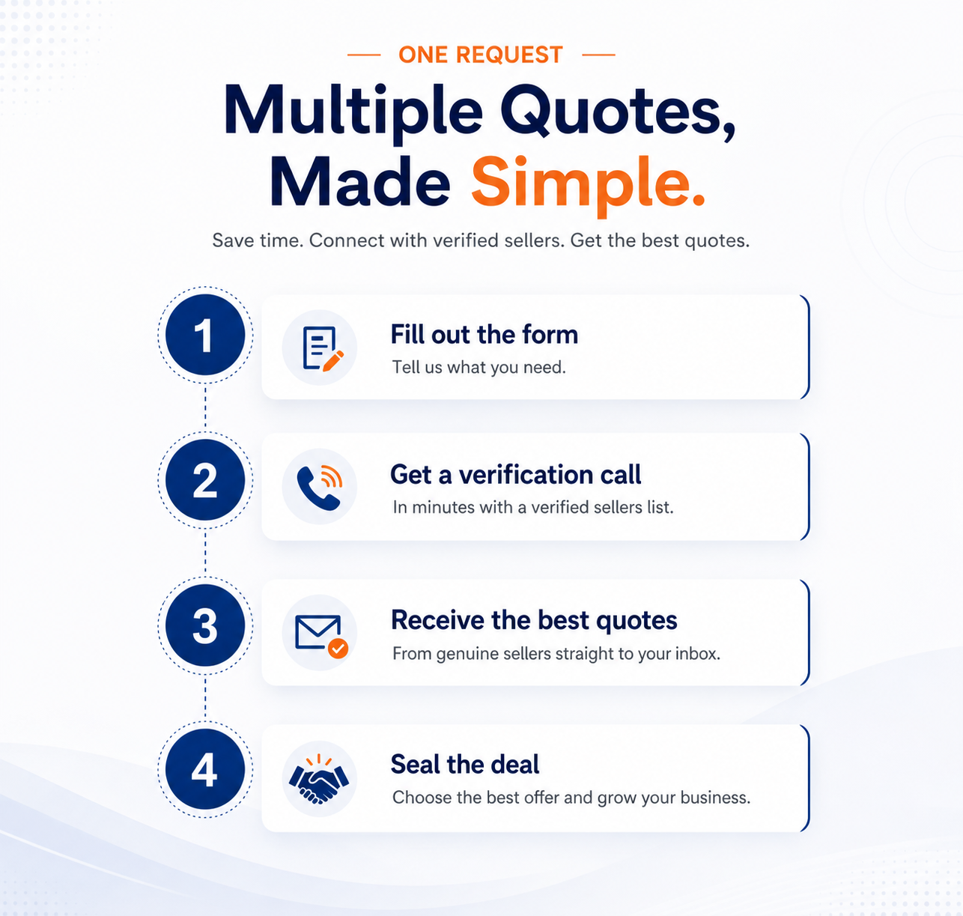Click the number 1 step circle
click(205, 336)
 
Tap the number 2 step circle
click(205, 480)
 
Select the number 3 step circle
click(205, 625)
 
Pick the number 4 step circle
click(205, 769)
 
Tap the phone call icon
click(319, 487)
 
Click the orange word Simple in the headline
click(588, 185)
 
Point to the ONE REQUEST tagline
click(481, 55)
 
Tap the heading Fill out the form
click(484, 335)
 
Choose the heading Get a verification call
click(515, 474)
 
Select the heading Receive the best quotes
click(534, 620)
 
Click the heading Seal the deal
click(465, 764)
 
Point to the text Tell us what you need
click(479, 367)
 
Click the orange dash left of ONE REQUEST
click(364, 55)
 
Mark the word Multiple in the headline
click(353, 112)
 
